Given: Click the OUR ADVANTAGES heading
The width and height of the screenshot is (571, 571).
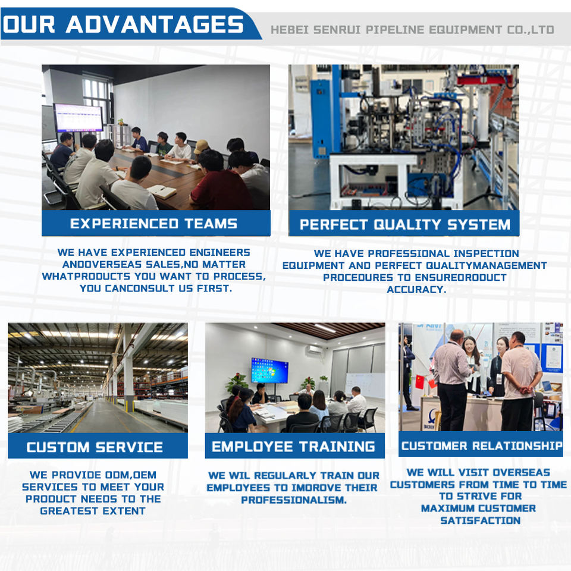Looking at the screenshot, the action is point(123,24).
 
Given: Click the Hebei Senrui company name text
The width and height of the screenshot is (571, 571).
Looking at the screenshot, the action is point(412,30).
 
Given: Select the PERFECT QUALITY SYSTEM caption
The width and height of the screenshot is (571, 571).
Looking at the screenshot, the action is point(405,224).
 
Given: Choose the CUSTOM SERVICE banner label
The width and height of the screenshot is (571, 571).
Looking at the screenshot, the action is point(95,447).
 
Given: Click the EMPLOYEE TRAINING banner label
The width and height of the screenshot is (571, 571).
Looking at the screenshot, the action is point(293,447).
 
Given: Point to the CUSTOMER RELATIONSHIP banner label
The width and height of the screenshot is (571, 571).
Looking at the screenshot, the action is point(482,445).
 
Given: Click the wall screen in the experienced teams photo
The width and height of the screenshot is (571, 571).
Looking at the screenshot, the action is point(79,118).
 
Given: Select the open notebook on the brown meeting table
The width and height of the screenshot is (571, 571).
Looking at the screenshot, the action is point(162,191).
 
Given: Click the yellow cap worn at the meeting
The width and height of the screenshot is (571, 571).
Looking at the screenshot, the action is point(201,146).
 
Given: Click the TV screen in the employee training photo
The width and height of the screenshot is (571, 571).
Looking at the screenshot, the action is point(270,371).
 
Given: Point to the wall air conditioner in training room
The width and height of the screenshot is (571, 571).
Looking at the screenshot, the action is point(314,350).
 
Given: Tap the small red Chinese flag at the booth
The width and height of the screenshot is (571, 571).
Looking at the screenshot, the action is point(420,382).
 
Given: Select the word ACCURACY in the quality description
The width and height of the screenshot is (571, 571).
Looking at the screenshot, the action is point(416,290).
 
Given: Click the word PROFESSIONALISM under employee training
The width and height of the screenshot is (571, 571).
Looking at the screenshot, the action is point(294,500).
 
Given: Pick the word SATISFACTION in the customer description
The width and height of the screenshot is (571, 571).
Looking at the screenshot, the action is point(481,520).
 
